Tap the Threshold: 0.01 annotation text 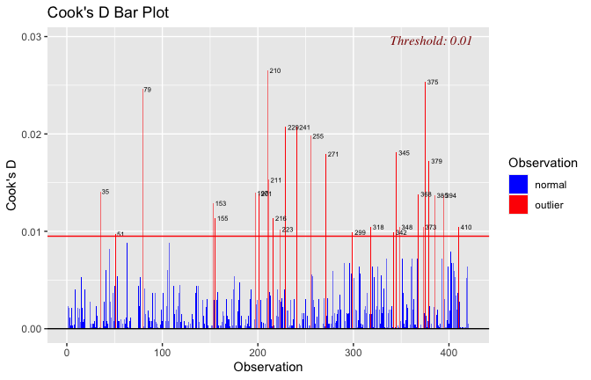point(431,40)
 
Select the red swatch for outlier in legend point(519,204)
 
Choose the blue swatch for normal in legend point(519,185)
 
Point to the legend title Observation point(543,163)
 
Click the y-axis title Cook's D point(13,185)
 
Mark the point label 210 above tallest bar point(275,70)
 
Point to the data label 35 point(106,192)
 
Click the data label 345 point(404,153)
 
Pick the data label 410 point(466,228)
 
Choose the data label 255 point(317,136)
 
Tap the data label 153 point(221,203)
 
